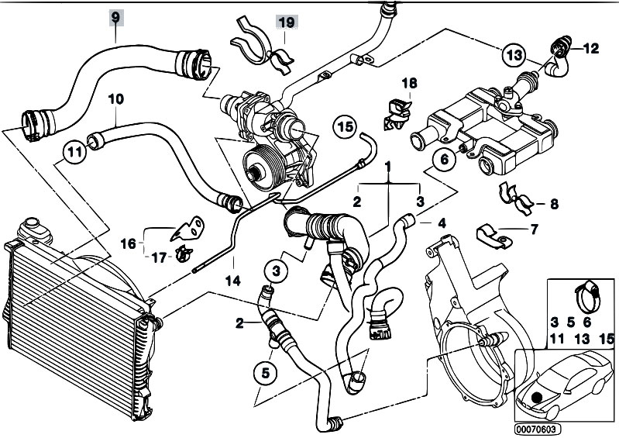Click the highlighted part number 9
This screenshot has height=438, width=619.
click(115, 18)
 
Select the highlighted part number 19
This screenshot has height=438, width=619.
click(287, 22)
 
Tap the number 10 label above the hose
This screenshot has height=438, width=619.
click(115, 99)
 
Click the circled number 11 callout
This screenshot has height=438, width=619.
click(74, 152)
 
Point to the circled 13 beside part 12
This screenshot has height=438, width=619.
click(514, 55)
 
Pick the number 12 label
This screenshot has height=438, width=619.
click(590, 49)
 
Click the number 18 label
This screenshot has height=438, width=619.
click(409, 83)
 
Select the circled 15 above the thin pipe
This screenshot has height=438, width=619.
click(345, 127)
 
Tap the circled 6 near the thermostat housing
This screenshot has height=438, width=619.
click(444, 160)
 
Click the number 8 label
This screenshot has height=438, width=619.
click(554, 204)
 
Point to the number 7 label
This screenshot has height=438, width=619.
click(534, 229)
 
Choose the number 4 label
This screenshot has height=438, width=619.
click(442, 223)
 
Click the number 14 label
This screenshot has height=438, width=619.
click(233, 281)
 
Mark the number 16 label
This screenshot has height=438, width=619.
click(129, 243)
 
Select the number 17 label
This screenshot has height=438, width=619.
click(159, 258)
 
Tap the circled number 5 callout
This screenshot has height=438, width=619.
click(265, 373)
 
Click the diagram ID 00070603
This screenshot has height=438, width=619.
click(538, 429)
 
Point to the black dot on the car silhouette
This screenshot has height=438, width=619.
click(537, 398)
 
